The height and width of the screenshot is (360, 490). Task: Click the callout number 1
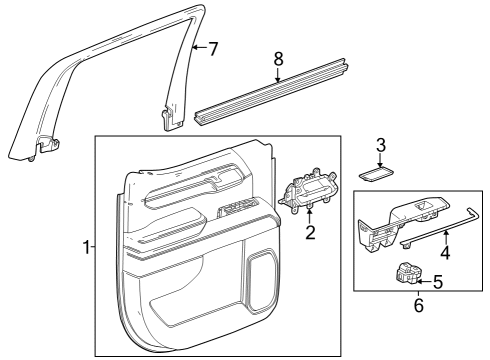(86, 247)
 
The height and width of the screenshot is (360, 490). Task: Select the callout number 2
(310, 233)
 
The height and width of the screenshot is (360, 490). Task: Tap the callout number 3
(381, 145)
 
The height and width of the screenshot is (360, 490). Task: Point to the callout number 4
(445, 253)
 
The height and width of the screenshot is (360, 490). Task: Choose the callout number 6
(418, 333)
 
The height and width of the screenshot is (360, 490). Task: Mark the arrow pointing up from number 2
(310, 215)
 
